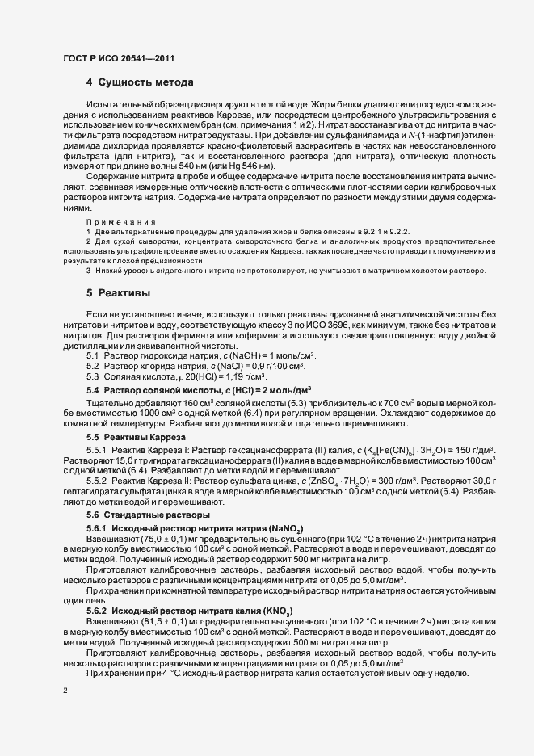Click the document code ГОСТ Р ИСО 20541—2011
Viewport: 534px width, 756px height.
click(x=118, y=58)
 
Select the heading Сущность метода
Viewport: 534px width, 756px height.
click(x=145, y=82)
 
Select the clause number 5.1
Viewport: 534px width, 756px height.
click(x=92, y=356)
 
